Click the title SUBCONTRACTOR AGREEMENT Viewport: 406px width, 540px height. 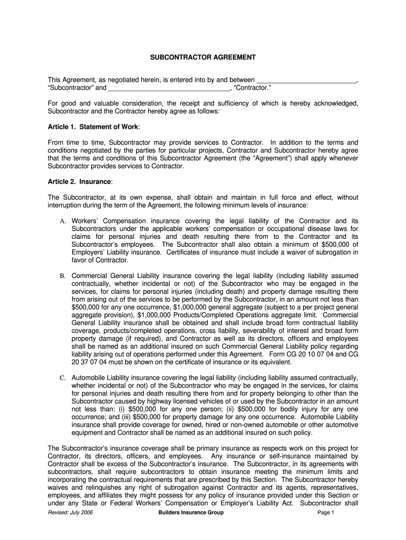click(203, 56)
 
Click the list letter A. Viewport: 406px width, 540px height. click(62, 221)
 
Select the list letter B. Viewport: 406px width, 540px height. click(62, 276)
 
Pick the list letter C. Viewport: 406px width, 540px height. click(62, 378)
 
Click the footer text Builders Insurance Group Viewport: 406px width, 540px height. click(191, 513)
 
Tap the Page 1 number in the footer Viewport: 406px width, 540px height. click(326, 513)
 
